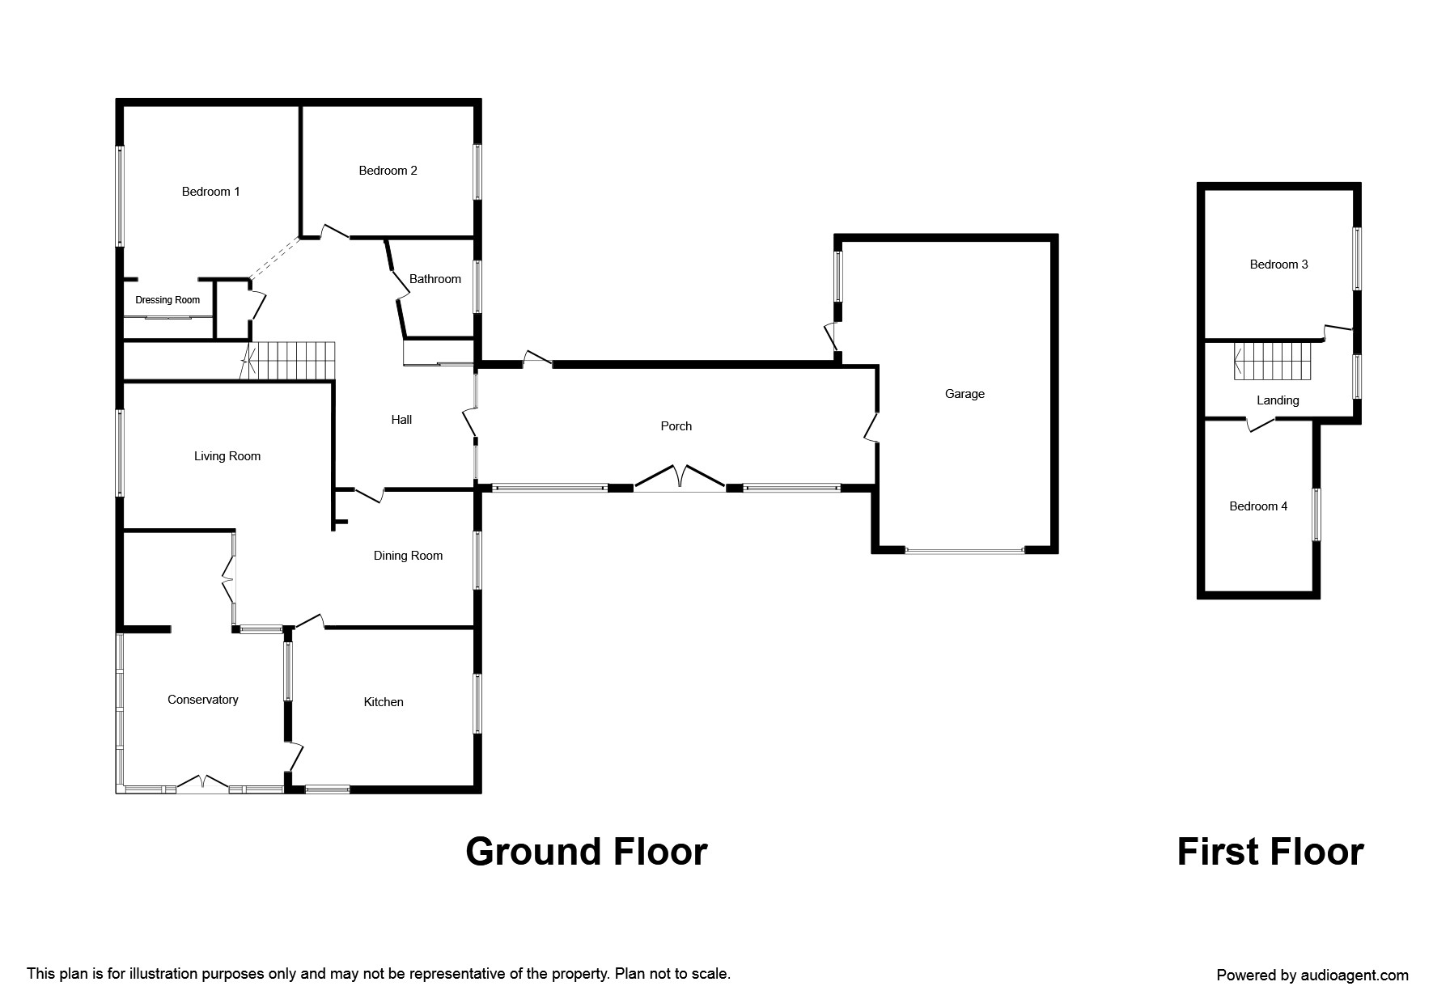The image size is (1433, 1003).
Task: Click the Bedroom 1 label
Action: coord(210,192)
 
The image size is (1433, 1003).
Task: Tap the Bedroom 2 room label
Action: coord(388,171)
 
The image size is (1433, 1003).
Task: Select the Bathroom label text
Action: coord(435,279)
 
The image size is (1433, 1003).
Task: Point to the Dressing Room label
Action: coord(167,300)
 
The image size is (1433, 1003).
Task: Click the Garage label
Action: coord(965,394)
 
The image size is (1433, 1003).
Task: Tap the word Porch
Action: coord(676,426)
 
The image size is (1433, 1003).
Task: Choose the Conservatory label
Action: coord(202,700)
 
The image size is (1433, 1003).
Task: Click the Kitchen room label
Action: coord(383,702)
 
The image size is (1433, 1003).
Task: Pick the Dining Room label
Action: coord(408,556)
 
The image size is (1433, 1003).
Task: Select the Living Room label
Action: coord(227,456)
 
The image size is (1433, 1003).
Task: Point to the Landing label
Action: coord(1278,400)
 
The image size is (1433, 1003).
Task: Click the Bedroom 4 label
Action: coord(1258,506)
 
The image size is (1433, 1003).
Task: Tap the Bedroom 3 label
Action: coord(1278,265)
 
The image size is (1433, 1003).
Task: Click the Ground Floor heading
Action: coord(586,852)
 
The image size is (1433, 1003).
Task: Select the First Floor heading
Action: coord(1270,852)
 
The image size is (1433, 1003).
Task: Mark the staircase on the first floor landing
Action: coord(1272,362)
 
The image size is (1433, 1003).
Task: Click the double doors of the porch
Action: coord(680,478)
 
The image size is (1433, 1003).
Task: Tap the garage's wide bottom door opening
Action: coord(965,551)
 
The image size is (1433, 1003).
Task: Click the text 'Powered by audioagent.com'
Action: coord(1312,975)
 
